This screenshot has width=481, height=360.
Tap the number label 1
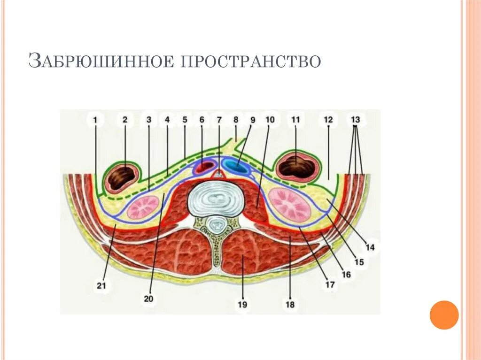[x=95, y=120]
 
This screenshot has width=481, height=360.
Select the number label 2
[x=125, y=120]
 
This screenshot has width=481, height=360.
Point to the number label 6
[x=202, y=120]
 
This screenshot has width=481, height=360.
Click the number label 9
[x=252, y=120]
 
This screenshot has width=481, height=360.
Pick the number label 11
[x=295, y=120]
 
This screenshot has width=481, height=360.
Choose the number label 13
[x=355, y=120]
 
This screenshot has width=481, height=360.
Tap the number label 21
[x=101, y=285]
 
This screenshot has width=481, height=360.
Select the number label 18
[x=290, y=305]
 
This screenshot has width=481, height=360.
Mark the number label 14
[x=370, y=247]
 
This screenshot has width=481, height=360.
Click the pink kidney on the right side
[x=289, y=205]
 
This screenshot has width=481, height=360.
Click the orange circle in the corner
[x=444, y=314]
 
